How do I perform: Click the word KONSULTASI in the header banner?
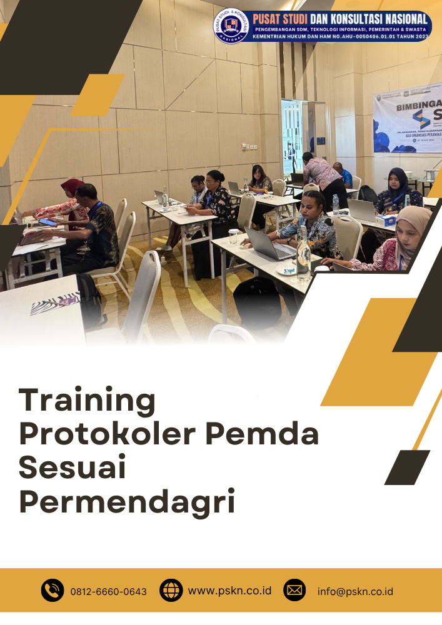tap(361, 19)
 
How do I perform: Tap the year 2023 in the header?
tap(418, 37)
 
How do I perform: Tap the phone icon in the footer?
tap(53, 590)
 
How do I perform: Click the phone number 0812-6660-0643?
tap(109, 591)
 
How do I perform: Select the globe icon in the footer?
tap(171, 590)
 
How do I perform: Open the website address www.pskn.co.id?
tap(229, 590)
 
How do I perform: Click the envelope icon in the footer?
tap(294, 590)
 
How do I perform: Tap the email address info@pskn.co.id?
tap(355, 591)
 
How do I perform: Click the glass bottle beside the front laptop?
tap(303, 253)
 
